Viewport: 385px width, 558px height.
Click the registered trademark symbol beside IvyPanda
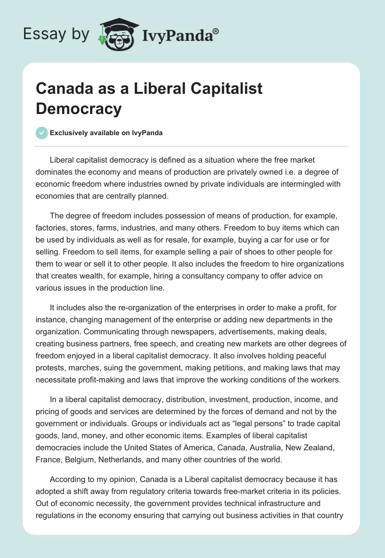click(216, 31)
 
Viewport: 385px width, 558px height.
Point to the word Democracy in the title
click(79, 109)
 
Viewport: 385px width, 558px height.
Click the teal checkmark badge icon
click(42, 133)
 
